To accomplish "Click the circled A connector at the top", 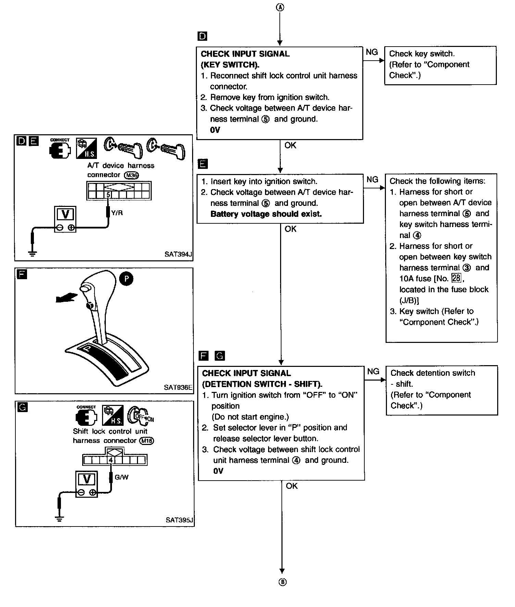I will (x=280, y=7).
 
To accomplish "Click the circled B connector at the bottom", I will (x=282, y=582).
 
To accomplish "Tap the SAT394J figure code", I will (x=178, y=254).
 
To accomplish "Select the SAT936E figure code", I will (x=178, y=387).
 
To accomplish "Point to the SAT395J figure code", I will (x=179, y=520).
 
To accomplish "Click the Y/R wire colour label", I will (x=117, y=213).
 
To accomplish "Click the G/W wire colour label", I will (x=122, y=477).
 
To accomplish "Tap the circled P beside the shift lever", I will (x=126, y=279).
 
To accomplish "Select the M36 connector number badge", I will (x=132, y=175).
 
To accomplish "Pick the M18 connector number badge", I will (x=147, y=441).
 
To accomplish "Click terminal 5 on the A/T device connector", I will (x=108, y=195).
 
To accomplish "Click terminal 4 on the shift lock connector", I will (x=111, y=460).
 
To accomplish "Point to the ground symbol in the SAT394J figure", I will (x=33, y=253).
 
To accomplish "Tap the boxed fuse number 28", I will (x=456, y=278).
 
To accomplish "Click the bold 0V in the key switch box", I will (x=215, y=130).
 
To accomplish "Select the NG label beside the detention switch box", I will (x=373, y=371).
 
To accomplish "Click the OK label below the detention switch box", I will (x=292, y=486).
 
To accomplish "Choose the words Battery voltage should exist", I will (x=266, y=214).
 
